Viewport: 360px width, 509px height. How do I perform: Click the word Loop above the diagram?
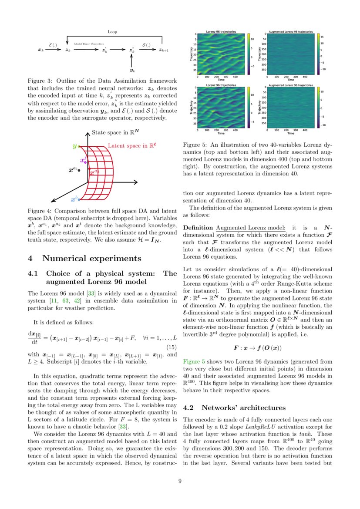tap(112, 32)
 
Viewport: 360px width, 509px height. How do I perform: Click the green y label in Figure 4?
tap(74, 146)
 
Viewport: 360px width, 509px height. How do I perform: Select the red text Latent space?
tap(131, 146)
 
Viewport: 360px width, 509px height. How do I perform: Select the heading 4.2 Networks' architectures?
tap(235, 408)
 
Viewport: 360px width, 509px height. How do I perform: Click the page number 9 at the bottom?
tap(180, 481)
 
